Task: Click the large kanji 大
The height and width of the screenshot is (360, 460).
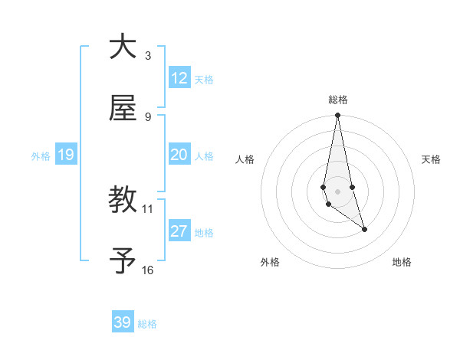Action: [123, 47]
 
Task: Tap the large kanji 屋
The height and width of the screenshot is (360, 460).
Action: [123, 109]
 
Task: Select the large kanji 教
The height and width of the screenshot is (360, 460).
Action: [123, 201]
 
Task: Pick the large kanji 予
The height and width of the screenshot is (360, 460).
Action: [123, 262]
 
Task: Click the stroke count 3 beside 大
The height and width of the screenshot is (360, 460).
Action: [148, 55]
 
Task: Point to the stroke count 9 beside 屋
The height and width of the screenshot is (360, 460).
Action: [148, 116]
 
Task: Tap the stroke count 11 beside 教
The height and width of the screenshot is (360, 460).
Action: [148, 208]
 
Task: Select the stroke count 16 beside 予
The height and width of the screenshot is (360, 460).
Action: [148, 270]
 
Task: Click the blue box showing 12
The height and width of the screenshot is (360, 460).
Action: [179, 78]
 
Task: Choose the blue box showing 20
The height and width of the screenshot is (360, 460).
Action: [179, 155]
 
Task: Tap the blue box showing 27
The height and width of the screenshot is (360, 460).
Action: [179, 231]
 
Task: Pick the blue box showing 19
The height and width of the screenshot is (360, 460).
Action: [65, 155]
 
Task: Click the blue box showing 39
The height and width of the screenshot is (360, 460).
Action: [123, 322]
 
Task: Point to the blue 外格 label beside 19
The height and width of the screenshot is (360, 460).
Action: [41, 156]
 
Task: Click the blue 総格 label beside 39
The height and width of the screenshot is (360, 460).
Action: [147, 324]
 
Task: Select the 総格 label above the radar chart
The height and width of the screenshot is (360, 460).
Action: [337, 100]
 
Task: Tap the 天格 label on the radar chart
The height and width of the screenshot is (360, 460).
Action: [432, 159]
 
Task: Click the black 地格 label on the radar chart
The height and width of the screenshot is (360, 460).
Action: [402, 262]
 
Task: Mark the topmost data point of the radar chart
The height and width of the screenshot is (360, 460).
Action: [337, 116]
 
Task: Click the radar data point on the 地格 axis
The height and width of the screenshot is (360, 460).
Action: [364, 229]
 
